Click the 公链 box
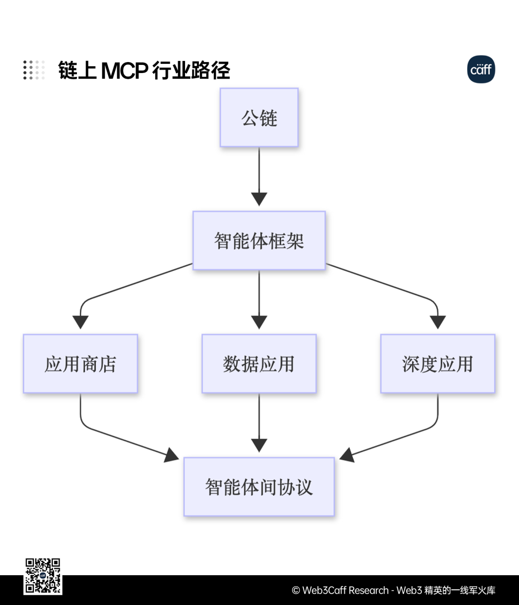coord(259,117)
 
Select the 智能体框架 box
coord(259,240)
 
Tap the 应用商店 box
coord(81,363)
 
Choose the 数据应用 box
coord(259,363)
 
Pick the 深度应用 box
coord(438,363)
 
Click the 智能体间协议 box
coord(259,487)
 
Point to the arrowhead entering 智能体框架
coord(259,199)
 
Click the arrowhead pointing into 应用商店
coord(81,322)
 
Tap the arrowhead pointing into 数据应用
coord(259,322)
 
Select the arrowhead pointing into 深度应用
coord(438,322)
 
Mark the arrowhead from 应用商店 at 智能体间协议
coord(172,456)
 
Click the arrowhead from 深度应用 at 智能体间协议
coord(346,456)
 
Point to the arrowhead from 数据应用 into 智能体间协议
coord(259,445)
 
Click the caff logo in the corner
coord(481,69)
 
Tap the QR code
coord(43,576)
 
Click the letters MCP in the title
coord(124,71)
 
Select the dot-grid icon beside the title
coord(34,70)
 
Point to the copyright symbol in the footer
coord(296,591)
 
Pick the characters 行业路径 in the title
coord(191,70)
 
